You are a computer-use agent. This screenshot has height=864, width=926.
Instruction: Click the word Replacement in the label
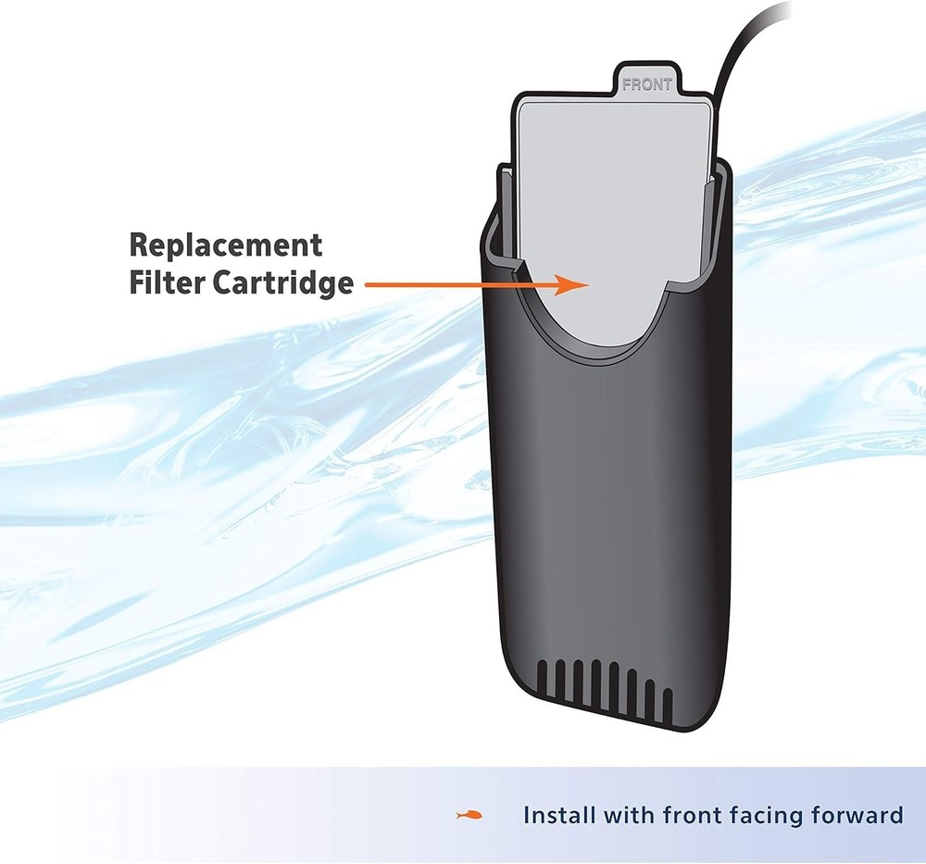226,245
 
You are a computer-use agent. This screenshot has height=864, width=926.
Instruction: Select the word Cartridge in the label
282,283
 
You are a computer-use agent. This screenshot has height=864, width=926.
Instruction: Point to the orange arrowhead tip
589,285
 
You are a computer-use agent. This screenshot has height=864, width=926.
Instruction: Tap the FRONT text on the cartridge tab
646,84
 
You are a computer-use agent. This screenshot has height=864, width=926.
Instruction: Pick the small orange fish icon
469,816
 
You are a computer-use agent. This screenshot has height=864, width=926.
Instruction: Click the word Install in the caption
559,815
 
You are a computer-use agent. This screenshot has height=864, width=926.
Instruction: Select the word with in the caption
629,815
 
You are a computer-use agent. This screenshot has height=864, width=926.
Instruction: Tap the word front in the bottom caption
692,815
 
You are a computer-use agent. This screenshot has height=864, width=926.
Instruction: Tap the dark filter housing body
608,502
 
